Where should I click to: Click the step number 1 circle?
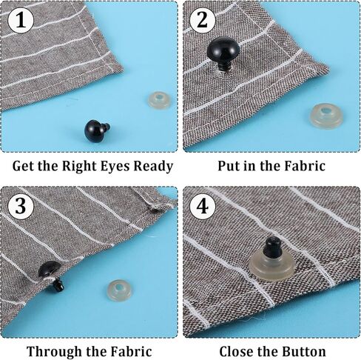21,21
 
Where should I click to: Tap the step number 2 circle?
202,20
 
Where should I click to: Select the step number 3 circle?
21,206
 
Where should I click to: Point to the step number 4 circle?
202,206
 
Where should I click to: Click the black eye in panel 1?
96,131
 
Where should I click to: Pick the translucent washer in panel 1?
159,100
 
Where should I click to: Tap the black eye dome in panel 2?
223,48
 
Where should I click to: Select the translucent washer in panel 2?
326,116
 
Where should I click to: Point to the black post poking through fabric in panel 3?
58,284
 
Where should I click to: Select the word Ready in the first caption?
153,167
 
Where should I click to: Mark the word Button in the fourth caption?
303,351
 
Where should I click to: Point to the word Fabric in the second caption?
305,166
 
